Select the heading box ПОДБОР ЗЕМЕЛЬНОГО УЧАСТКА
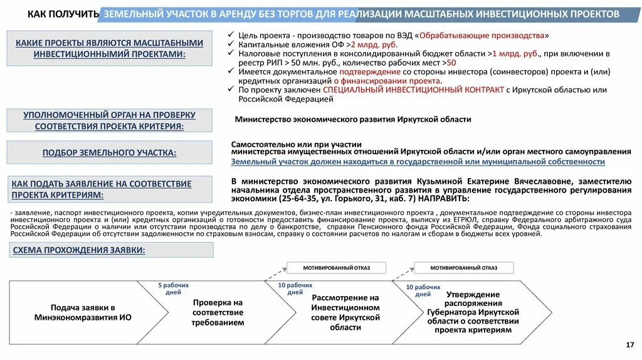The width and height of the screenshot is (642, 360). [110, 152]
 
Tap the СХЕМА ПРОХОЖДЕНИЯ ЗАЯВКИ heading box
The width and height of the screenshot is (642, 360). [78, 250]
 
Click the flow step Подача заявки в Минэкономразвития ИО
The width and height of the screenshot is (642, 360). [83, 312]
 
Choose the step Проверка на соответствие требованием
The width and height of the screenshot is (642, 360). [218, 312]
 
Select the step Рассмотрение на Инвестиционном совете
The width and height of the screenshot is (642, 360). [345, 312]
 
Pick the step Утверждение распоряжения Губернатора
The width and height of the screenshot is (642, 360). [473, 312]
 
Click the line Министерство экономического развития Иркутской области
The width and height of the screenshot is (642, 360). [352, 119]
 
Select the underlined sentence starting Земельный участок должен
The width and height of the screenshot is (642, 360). [418, 162]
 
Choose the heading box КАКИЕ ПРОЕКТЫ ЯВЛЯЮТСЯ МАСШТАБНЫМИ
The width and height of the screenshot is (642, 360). [110, 48]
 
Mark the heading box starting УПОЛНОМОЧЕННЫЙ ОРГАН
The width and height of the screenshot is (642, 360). [110, 120]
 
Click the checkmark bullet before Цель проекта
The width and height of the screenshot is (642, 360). [233, 35]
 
